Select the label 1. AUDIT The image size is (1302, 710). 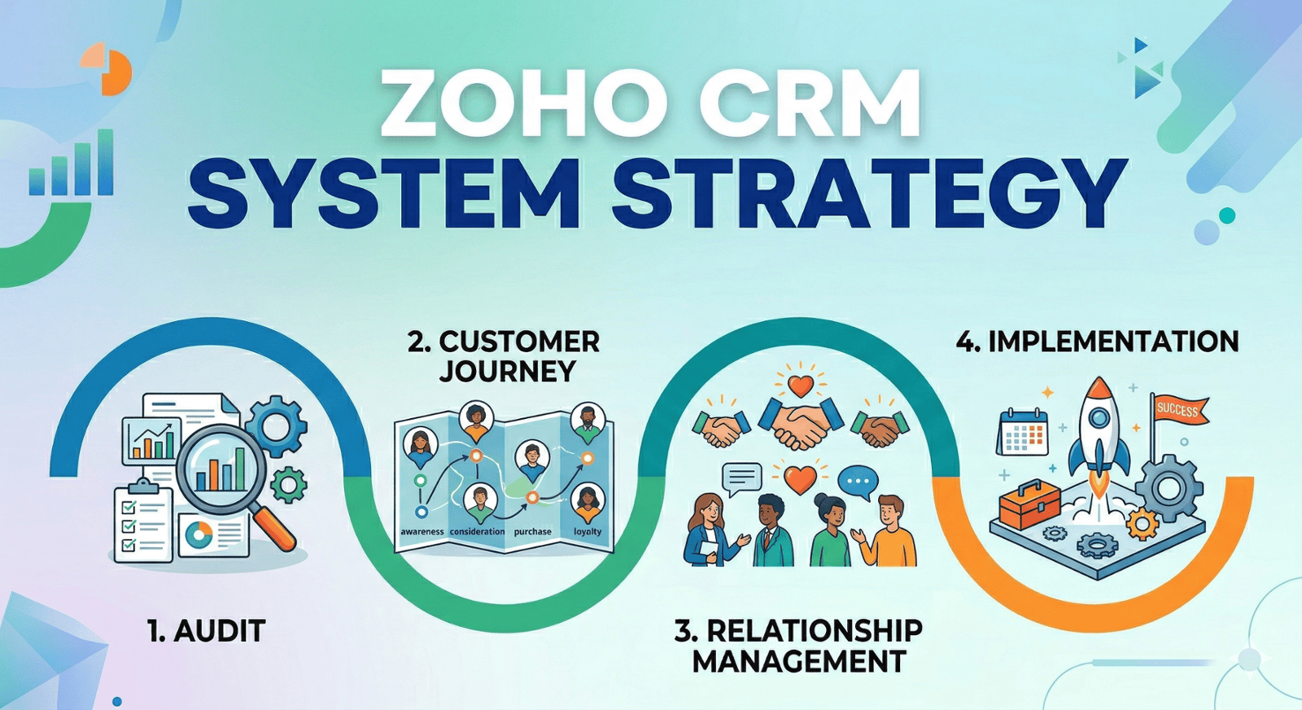[x=207, y=631]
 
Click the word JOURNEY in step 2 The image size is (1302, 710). [x=508, y=372]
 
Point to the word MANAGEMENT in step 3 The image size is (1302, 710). [x=798, y=661]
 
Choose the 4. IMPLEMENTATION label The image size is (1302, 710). [x=1097, y=342]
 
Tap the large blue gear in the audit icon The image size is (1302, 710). [x=276, y=424]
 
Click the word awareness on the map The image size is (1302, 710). [x=422, y=532]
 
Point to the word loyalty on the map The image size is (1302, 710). [x=588, y=532]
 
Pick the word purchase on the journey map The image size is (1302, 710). [x=533, y=532]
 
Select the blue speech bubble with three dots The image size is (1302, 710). [x=858, y=481]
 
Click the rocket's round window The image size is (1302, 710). [x=1099, y=418]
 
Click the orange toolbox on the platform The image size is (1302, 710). [x=1029, y=503]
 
